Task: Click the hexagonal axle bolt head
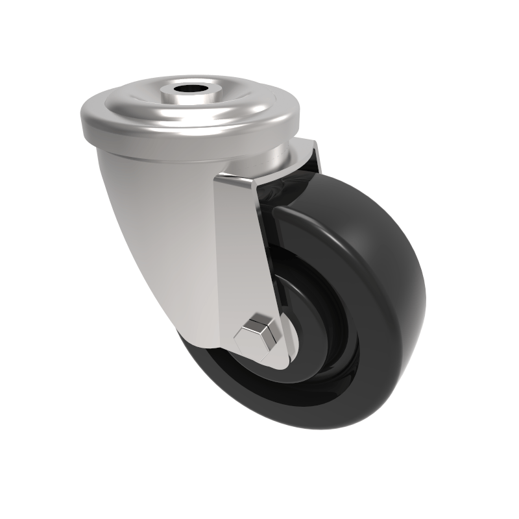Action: pyautogui.click(x=259, y=335)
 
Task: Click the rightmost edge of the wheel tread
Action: pyautogui.click(x=424, y=285)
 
